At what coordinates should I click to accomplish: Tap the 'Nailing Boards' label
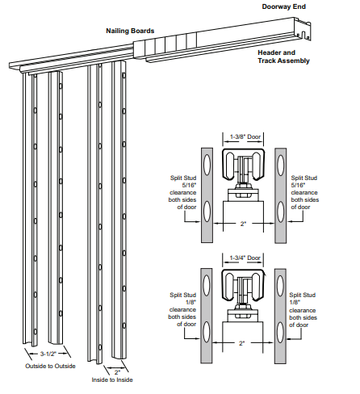[130, 31]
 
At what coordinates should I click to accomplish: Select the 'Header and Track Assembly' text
[283, 56]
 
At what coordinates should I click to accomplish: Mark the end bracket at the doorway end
[303, 33]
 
